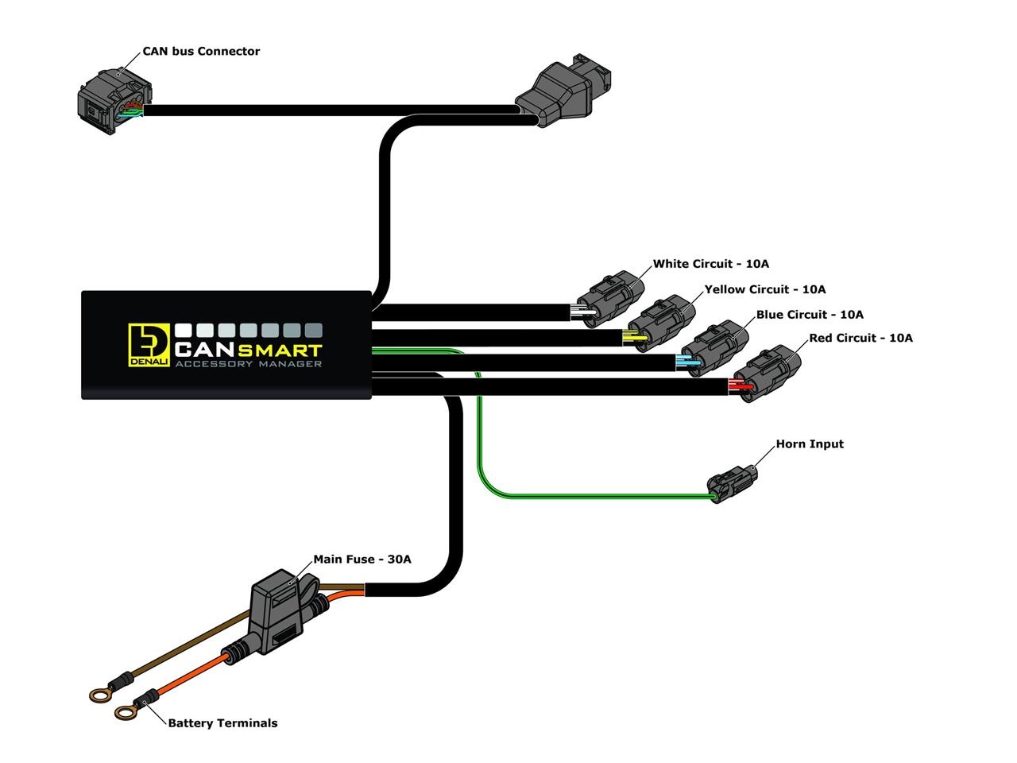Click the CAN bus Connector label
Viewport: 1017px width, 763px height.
click(x=200, y=52)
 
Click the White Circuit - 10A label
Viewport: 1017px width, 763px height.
click(x=710, y=264)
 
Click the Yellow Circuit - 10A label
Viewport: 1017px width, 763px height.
click(x=764, y=289)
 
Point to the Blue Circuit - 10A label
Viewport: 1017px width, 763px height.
click(x=809, y=315)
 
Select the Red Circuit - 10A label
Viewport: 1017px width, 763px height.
click(x=860, y=338)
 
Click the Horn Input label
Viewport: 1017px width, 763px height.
click(x=809, y=444)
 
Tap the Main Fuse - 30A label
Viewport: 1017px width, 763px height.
click(x=362, y=560)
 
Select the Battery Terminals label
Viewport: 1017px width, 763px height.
click(x=222, y=723)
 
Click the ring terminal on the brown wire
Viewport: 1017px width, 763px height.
click(x=99, y=695)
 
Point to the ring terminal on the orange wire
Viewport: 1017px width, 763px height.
click(x=126, y=712)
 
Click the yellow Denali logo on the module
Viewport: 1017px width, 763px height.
click(x=149, y=345)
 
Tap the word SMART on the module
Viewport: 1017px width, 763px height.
click(x=286, y=350)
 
